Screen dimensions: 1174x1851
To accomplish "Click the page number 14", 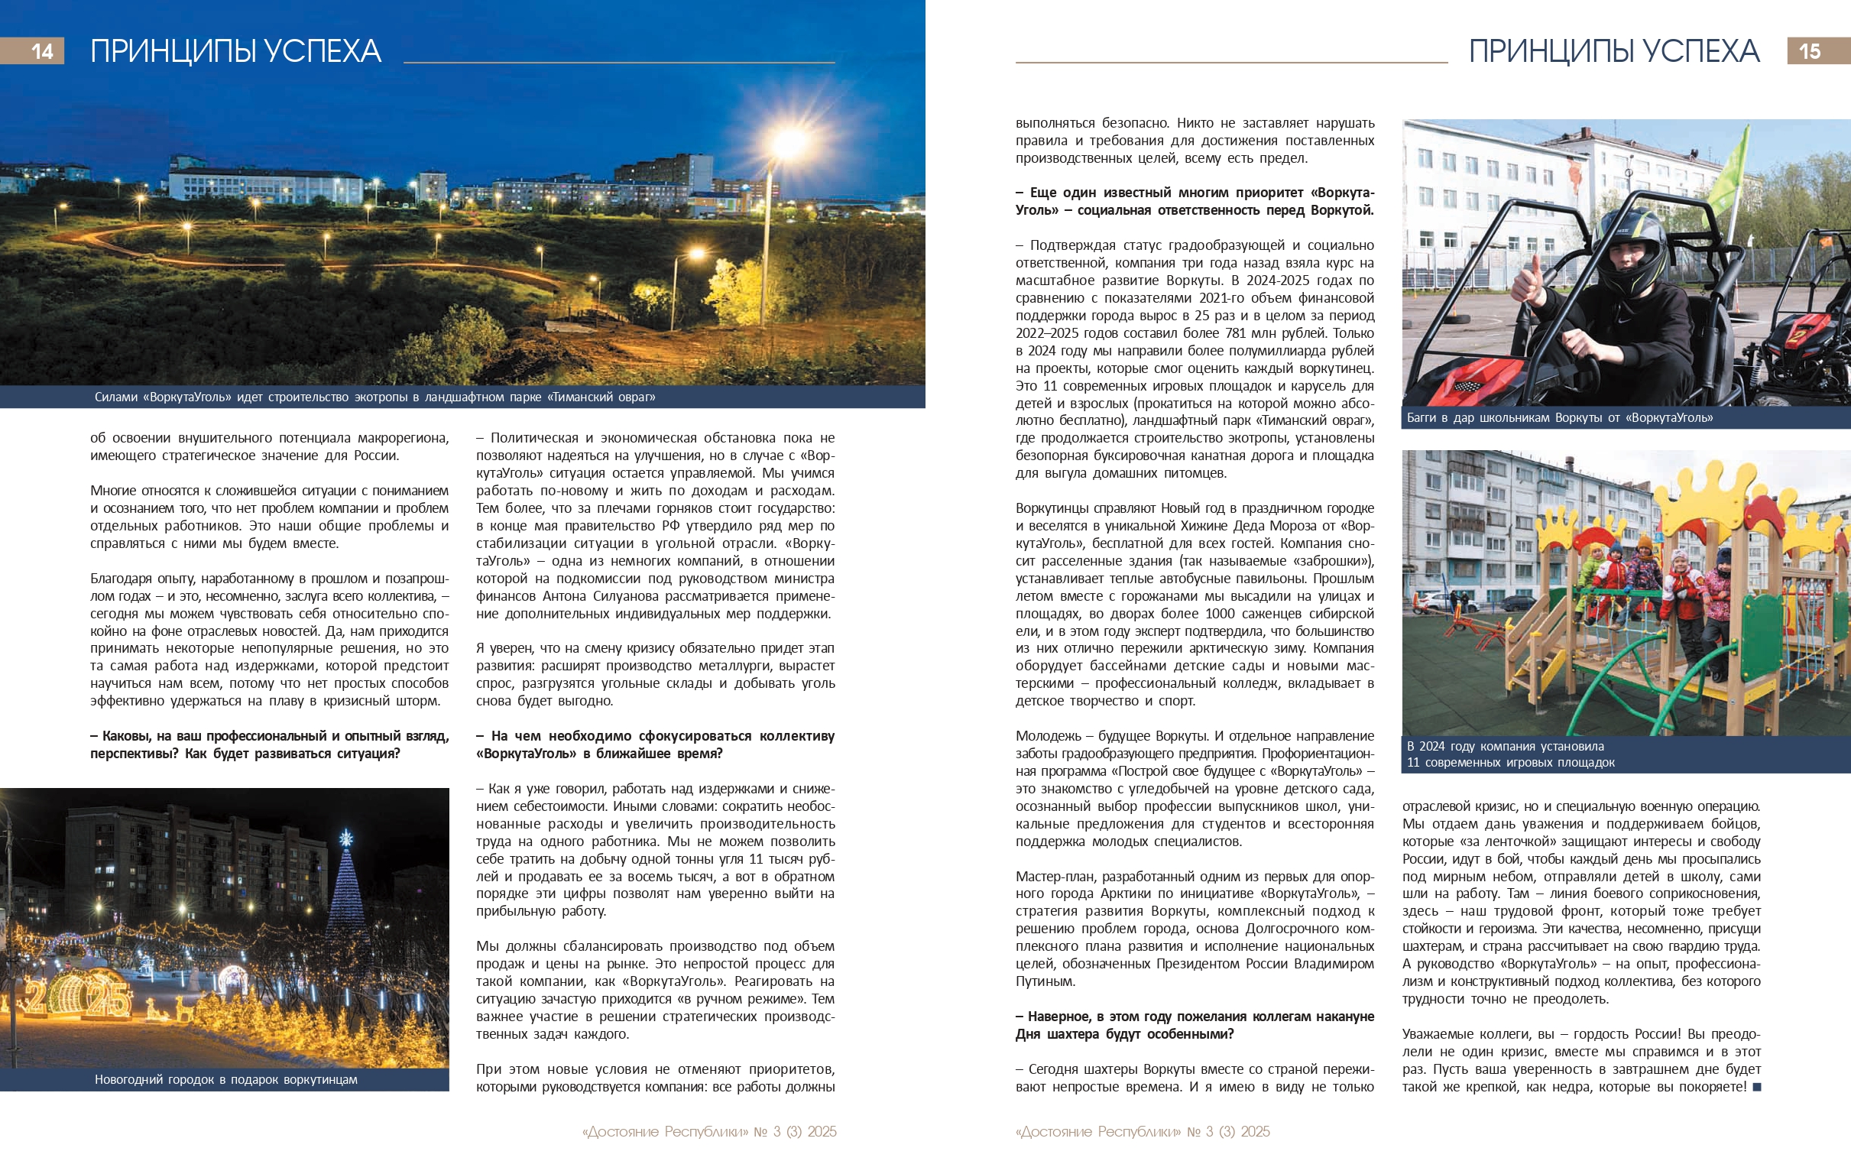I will point(41,51).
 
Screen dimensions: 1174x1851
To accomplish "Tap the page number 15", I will point(1810,51).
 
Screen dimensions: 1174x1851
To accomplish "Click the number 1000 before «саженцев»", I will point(1217,615).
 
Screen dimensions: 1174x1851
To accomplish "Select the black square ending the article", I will point(1756,1087).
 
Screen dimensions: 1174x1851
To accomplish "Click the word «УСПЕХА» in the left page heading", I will point(323,51).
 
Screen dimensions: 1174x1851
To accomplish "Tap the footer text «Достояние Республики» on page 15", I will point(1097,1132).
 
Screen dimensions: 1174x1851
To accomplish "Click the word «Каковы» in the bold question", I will point(125,737).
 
